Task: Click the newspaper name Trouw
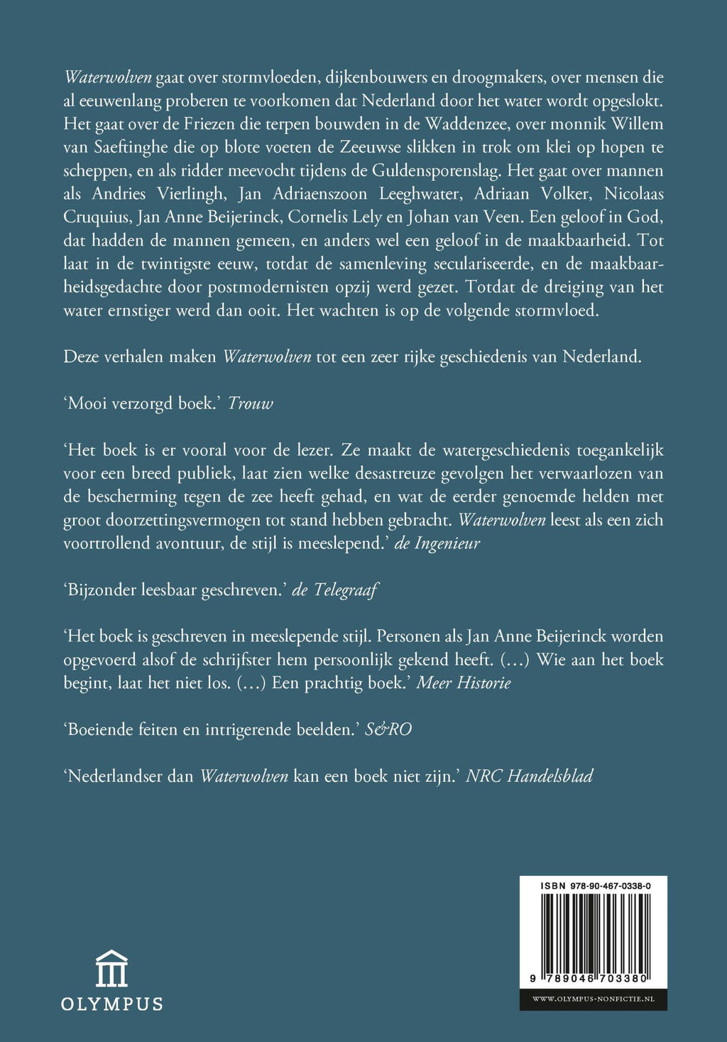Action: pyautogui.click(x=250, y=403)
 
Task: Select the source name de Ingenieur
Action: pyautogui.click(x=437, y=543)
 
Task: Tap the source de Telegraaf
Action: pyautogui.click(x=335, y=590)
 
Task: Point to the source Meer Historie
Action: pyautogui.click(x=463, y=683)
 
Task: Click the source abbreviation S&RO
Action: pyautogui.click(x=388, y=729)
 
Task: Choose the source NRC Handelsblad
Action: pyautogui.click(x=529, y=776)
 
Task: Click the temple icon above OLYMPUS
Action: pyautogui.click(x=112, y=969)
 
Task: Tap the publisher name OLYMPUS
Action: pyautogui.click(x=112, y=1004)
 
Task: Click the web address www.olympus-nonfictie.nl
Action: pyautogui.click(x=593, y=999)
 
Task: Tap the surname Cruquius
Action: pyautogui.click(x=94, y=217)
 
